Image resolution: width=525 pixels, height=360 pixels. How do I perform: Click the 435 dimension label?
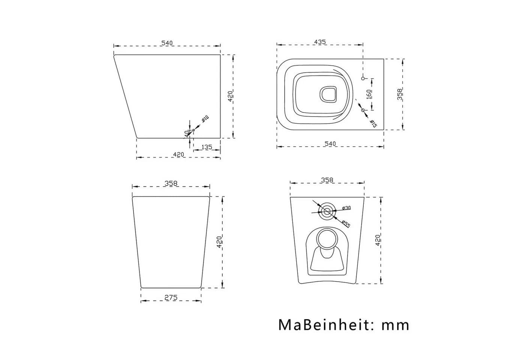pos(319,42)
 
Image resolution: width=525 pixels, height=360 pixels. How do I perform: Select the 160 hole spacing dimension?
pos(369,94)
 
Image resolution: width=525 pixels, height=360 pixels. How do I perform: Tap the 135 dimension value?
pos(207,147)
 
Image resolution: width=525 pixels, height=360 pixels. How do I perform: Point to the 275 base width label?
pos(171,297)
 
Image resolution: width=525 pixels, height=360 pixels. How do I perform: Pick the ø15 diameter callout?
pos(373,123)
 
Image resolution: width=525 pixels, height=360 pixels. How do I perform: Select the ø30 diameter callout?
pos(346,208)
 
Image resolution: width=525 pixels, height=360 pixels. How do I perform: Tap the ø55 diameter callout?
pos(346,224)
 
